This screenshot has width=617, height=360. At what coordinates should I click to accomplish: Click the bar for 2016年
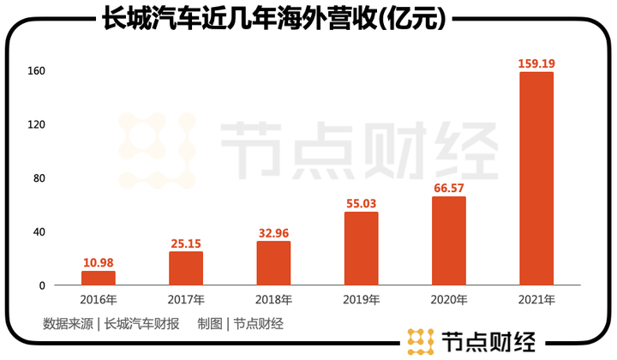click(x=99, y=278)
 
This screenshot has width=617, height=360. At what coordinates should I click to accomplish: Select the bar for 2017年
click(x=186, y=268)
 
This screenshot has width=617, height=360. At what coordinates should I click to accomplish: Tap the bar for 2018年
click(x=273, y=263)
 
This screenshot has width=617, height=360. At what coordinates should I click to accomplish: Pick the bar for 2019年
click(x=361, y=249)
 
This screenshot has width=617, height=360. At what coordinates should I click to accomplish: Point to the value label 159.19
click(x=536, y=63)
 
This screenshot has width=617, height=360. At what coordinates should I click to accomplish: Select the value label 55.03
click(x=361, y=203)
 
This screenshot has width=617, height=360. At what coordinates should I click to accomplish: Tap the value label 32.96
click(x=273, y=232)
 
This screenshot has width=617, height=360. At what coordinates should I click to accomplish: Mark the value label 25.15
click(x=186, y=243)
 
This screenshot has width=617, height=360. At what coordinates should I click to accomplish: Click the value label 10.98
click(x=99, y=262)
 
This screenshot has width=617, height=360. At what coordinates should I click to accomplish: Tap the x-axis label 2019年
click(x=361, y=300)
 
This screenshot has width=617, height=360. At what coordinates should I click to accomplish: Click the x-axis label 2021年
click(x=536, y=300)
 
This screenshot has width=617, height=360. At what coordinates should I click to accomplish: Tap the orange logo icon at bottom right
click(x=420, y=340)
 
